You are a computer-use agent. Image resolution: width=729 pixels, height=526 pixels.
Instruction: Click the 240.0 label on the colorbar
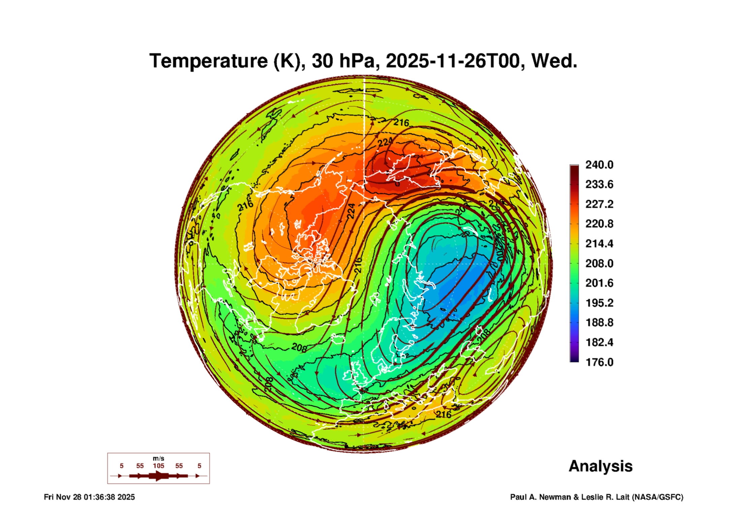[x=599, y=165]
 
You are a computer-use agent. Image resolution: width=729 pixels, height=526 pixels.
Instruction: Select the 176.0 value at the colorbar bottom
[x=599, y=362]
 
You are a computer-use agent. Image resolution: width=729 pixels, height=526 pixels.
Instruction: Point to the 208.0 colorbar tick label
[x=599, y=264]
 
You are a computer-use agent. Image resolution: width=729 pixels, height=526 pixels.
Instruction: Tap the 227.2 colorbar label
[x=599, y=204]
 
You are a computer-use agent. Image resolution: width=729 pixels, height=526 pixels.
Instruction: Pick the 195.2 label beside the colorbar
[x=599, y=303]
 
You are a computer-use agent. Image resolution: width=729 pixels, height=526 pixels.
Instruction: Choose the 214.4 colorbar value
[x=599, y=244]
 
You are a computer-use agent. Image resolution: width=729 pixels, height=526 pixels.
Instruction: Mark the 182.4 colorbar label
[x=599, y=342]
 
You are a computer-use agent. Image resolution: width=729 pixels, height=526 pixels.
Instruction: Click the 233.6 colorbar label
[x=599, y=184]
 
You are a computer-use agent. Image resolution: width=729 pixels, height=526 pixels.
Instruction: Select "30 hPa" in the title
[x=343, y=61]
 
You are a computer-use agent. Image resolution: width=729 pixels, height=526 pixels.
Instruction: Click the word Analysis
[x=600, y=466]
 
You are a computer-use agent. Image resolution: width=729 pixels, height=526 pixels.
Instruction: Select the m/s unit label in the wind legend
[x=158, y=458]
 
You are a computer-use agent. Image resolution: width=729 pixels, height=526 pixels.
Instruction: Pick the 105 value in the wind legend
[x=158, y=466]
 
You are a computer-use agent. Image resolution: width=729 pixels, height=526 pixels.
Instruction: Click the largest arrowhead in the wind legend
[x=159, y=476]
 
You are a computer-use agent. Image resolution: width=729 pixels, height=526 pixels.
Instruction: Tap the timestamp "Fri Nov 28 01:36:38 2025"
[x=89, y=497]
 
